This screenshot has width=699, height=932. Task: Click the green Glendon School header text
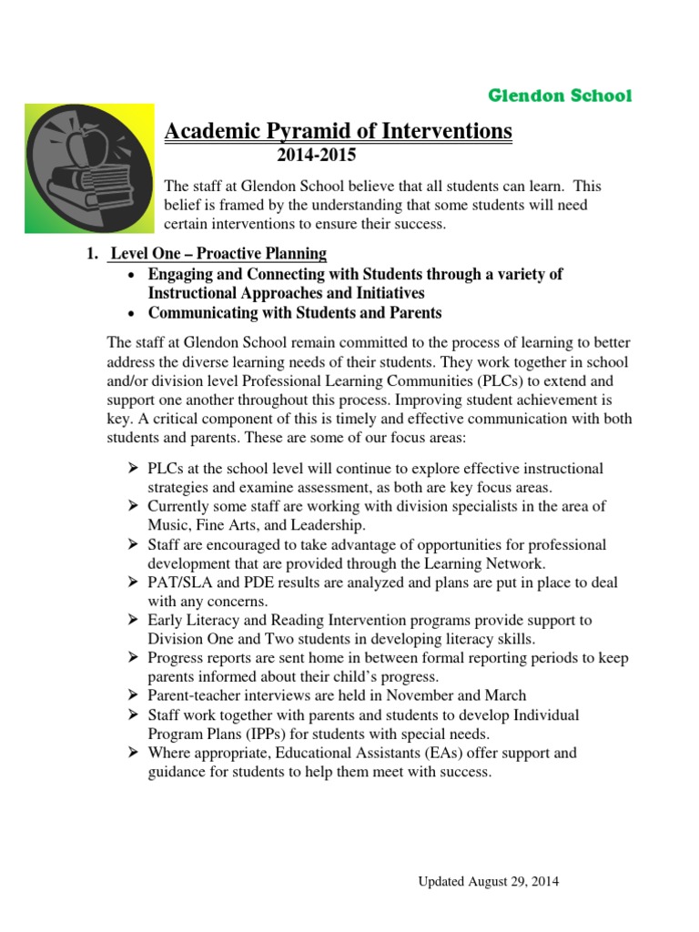point(560,96)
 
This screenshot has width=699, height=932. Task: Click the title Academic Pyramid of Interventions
point(338,132)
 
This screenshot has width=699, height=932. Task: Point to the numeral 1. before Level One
point(92,253)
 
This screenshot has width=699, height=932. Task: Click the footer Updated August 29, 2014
point(489,881)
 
